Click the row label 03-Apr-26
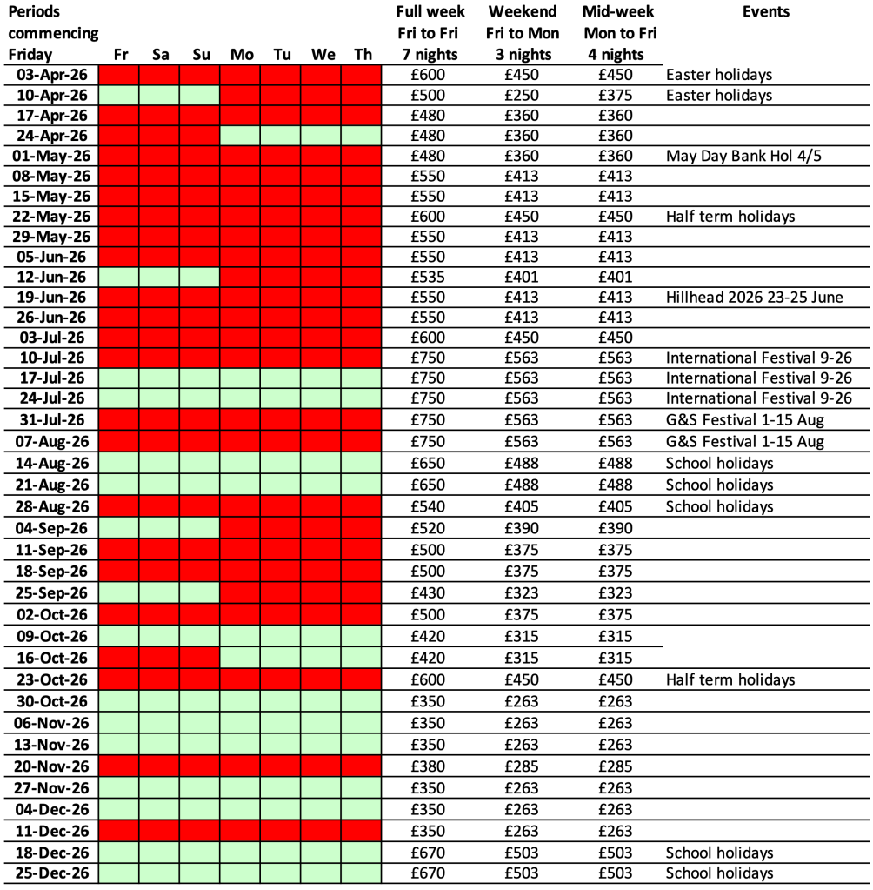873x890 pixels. click(x=53, y=75)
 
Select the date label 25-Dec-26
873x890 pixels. click(x=53, y=873)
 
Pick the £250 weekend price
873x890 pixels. click(x=522, y=96)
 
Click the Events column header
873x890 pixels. click(x=766, y=12)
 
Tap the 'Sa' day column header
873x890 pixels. click(x=161, y=55)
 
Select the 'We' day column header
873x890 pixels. click(x=323, y=55)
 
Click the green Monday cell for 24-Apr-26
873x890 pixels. click(x=241, y=136)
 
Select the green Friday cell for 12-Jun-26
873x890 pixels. click(x=120, y=278)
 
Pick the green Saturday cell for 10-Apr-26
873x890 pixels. click(x=161, y=96)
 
